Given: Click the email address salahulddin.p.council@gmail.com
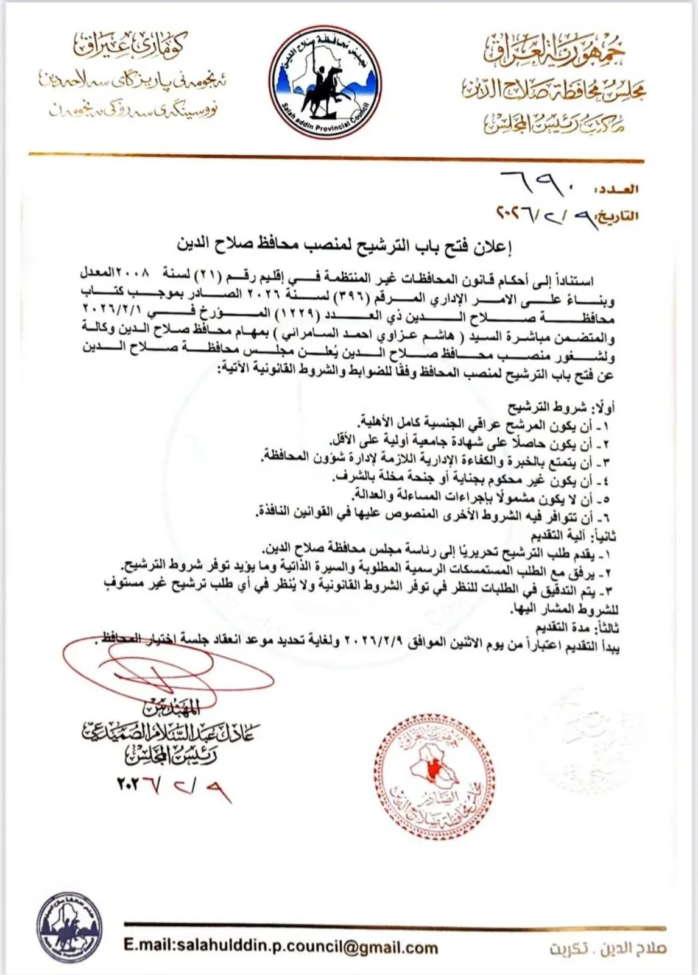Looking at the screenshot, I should [x=280, y=948].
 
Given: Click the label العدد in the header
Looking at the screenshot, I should [x=617, y=190].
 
